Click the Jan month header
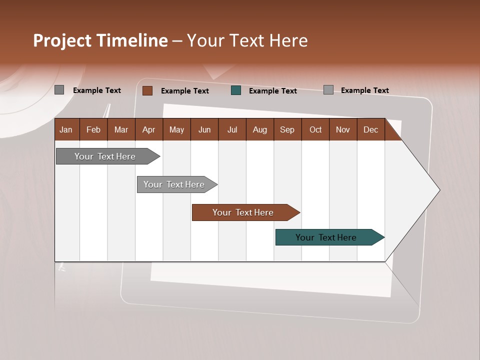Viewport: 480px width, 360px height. [66, 129]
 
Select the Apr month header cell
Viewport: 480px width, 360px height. [148, 129]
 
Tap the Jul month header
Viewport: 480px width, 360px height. [232, 129]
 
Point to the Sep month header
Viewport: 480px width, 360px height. [287, 129]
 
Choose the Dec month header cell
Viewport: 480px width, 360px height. [370, 129]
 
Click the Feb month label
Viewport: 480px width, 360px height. [93, 129]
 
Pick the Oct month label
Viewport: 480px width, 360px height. [315, 129]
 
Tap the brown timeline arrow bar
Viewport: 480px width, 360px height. [243, 212]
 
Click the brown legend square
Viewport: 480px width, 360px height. [147, 90]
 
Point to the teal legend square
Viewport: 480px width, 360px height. [236, 90]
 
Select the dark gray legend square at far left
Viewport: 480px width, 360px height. [59, 90]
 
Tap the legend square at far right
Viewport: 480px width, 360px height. [328, 90]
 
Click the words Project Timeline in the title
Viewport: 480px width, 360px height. [100, 40]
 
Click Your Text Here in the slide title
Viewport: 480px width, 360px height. [247, 40]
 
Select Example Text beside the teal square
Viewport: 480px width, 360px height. [272, 91]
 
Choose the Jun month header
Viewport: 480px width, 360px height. [204, 129]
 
